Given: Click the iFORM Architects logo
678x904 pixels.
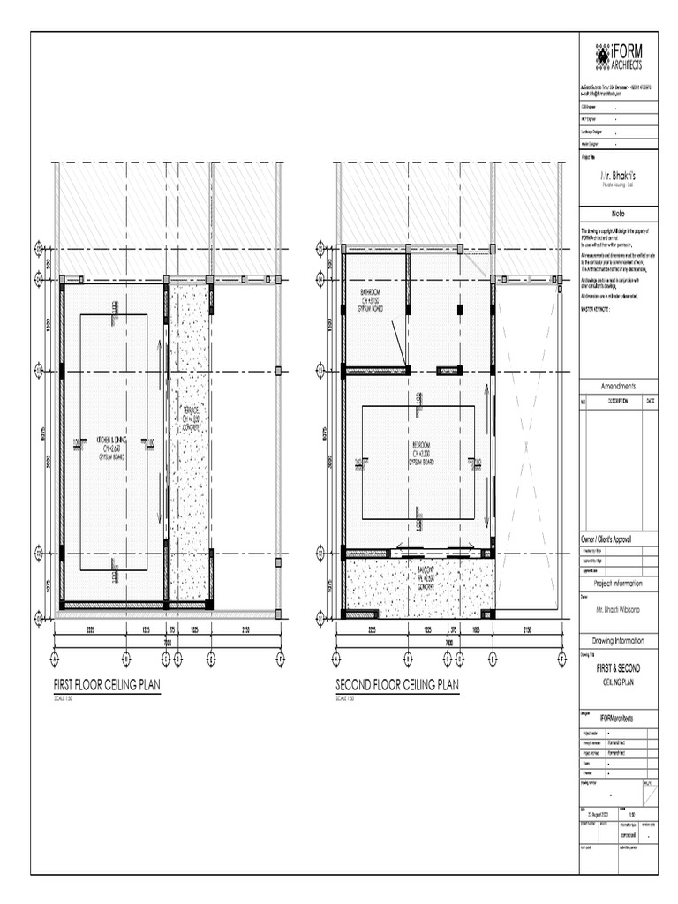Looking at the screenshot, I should point(617,58).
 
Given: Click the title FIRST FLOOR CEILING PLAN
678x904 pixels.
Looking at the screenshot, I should point(107,685).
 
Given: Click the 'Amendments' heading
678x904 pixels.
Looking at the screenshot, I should point(618,387).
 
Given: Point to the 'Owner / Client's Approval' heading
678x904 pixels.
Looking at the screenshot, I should point(618,539).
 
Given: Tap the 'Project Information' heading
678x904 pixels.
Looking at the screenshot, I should point(618,584).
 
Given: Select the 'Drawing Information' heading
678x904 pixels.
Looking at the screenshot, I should point(618,641).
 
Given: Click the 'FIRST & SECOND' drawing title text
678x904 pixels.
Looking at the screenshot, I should point(618,669).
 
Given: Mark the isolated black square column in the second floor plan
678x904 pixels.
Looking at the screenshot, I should point(460,309).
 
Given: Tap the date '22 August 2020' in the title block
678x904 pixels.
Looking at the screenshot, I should point(599,815).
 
